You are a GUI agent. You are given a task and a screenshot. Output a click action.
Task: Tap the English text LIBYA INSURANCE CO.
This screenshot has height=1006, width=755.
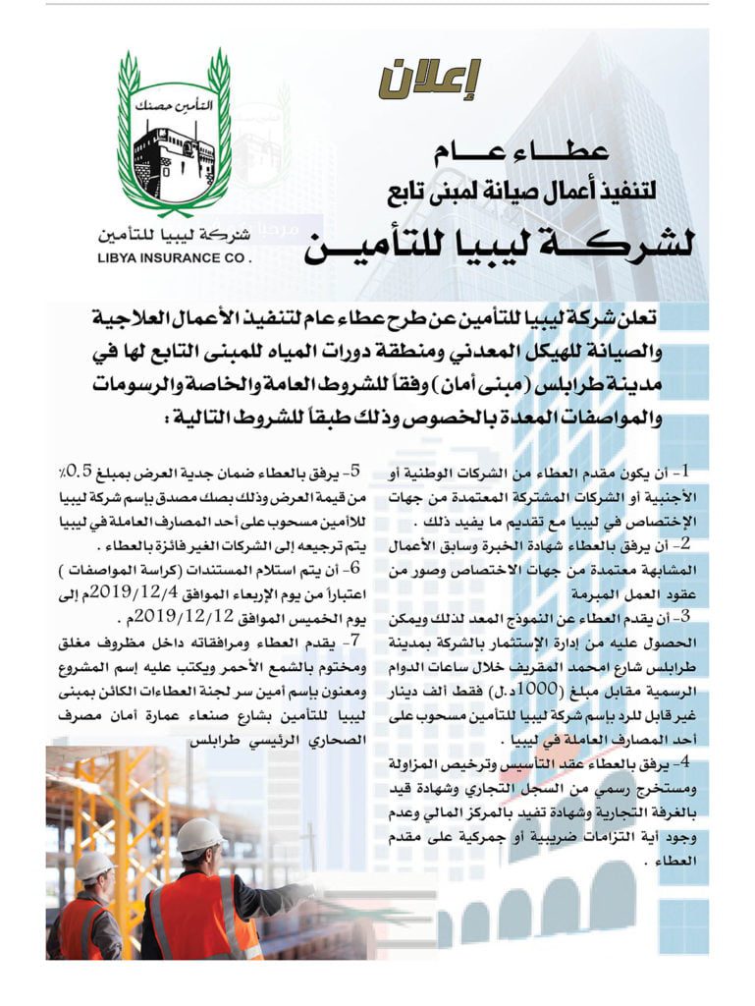pyautogui.click(x=176, y=260)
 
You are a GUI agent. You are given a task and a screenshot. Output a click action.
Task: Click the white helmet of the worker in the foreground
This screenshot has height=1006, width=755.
pyautogui.click(x=199, y=836)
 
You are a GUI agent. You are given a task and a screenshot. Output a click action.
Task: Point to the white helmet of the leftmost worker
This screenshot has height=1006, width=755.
pyautogui.click(x=93, y=865)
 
